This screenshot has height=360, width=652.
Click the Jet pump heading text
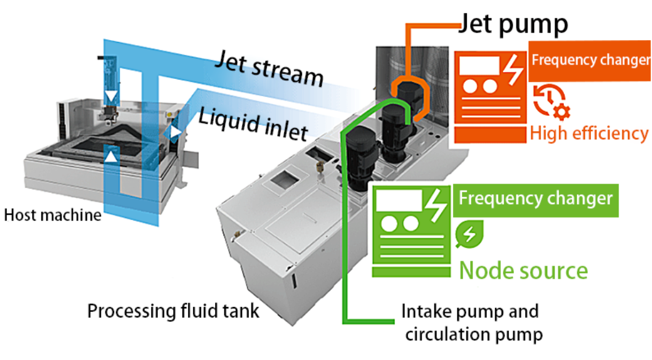click(x=513, y=23)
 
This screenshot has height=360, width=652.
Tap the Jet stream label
click(x=269, y=67)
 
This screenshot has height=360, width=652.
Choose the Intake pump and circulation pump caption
click(x=470, y=322)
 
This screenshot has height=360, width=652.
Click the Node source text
click(x=523, y=270)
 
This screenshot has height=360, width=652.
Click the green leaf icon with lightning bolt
click(x=470, y=234)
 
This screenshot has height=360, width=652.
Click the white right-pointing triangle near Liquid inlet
click(x=177, y=132)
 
